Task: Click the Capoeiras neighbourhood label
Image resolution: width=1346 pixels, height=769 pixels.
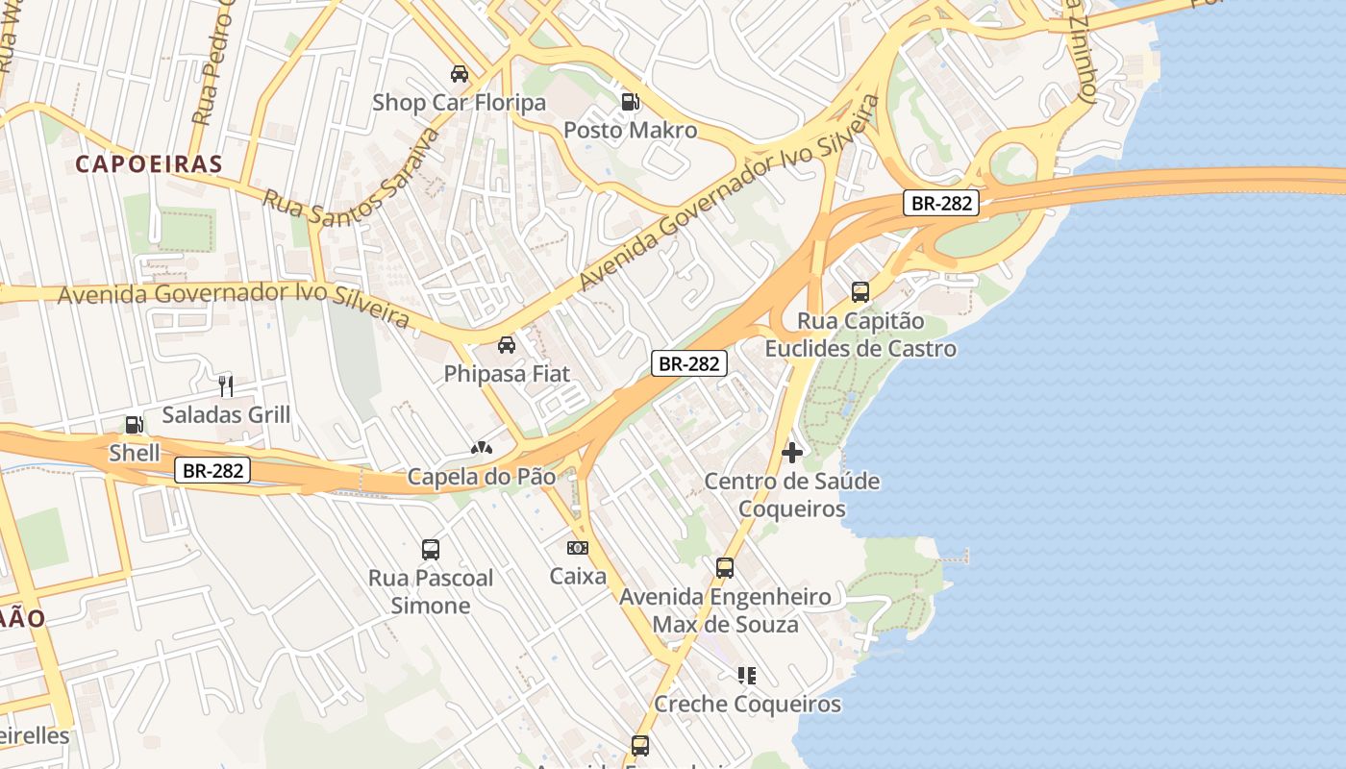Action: pos(149,163)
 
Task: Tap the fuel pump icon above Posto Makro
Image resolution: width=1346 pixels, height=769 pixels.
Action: pos(631,101)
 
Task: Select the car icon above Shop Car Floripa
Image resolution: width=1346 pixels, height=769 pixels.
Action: pos(460,74)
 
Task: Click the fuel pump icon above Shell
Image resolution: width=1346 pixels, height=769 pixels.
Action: pos(134,425)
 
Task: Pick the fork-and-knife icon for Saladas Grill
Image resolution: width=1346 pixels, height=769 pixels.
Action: pos(226,386)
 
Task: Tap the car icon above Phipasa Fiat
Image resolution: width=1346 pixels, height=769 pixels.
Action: pos(507,345)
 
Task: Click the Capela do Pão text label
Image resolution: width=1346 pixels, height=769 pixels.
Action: pos(482,476)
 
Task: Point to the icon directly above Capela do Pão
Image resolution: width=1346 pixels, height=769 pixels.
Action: pos(481,447)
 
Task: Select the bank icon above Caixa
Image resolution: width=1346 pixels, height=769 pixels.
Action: pos(578,548)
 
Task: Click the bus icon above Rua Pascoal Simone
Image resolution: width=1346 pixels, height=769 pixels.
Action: pos(431,550)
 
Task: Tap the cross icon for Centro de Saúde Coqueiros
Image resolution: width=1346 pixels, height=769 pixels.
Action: pos(792,453)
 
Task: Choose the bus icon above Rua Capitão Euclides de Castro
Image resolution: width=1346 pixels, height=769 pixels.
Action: pos(860,292)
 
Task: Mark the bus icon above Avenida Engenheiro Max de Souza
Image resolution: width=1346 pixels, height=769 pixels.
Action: pos(725,568)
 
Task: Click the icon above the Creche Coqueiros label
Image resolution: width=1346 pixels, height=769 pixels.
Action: pos(747,676)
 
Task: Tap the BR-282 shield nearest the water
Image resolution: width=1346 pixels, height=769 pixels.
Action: pos(941,203)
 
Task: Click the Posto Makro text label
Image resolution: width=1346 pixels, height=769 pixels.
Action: pos(630,130)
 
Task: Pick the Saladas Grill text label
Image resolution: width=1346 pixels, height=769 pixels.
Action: pos(226,415)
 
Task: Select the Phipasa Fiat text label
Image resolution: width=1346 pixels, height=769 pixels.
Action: pos(507,374)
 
